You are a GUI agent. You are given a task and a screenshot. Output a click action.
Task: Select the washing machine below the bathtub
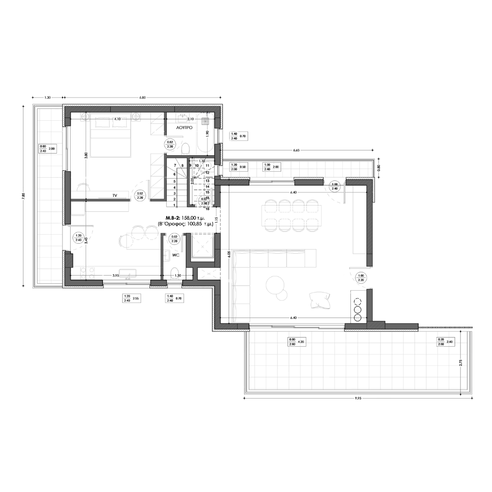click(207, 164)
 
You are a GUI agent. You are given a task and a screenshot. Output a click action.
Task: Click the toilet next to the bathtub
click(185, 149)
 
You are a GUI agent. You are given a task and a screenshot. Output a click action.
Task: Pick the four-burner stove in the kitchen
click(87, 273)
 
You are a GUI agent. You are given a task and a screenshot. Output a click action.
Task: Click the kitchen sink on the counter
click(127, 273)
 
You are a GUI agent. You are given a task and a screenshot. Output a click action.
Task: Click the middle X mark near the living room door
click(357, 309)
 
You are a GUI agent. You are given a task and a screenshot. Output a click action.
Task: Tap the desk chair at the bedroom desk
click(83, 186)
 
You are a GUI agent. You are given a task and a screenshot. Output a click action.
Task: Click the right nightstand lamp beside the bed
click(136, 117)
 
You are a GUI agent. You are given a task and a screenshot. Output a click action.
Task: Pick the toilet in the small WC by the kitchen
click(174, 273)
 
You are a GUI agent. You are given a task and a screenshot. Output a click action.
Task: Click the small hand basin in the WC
click(167, 255)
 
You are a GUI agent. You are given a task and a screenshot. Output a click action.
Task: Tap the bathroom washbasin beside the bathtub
click(183, 118)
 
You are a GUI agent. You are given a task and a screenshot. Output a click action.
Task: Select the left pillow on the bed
click(102, 122)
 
